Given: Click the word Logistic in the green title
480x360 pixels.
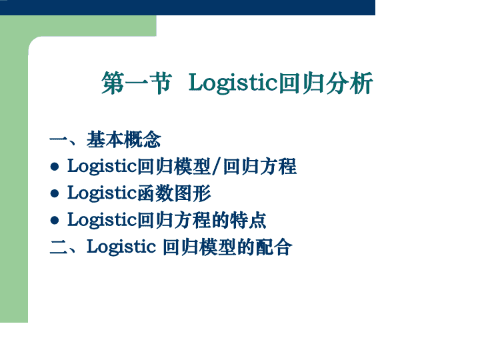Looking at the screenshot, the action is coord(233,83).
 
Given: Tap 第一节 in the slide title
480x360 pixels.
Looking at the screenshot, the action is coord(137,83).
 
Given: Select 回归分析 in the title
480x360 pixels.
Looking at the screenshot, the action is coord(326,83).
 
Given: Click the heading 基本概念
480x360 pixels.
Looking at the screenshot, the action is coord(124,139).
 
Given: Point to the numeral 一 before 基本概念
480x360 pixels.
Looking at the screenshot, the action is coord(59,140).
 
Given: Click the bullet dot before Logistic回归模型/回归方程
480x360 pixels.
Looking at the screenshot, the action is coord(55,167).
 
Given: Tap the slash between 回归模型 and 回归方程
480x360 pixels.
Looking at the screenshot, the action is coord(217,167).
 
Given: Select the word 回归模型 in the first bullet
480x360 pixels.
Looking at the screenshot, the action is coord(174,167).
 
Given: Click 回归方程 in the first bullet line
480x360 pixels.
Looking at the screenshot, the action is coord(259,167).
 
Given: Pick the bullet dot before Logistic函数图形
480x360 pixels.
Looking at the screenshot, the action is coord(55,193).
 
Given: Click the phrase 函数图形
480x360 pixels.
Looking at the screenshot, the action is coord(174,193).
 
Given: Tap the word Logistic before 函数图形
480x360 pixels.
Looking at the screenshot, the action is coord(102,194).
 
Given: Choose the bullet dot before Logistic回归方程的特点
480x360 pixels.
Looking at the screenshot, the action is coord(55,220).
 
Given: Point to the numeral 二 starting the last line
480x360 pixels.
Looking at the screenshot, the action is coord(59,247).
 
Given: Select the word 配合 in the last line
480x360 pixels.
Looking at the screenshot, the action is coord(274,247).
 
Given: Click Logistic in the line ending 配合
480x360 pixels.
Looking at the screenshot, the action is coord(121,247).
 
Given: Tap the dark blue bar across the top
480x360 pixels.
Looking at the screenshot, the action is coord(187,7).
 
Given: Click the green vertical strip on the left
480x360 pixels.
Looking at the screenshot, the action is coord(14,184).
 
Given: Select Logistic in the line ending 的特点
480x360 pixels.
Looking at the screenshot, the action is coord(102,221).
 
